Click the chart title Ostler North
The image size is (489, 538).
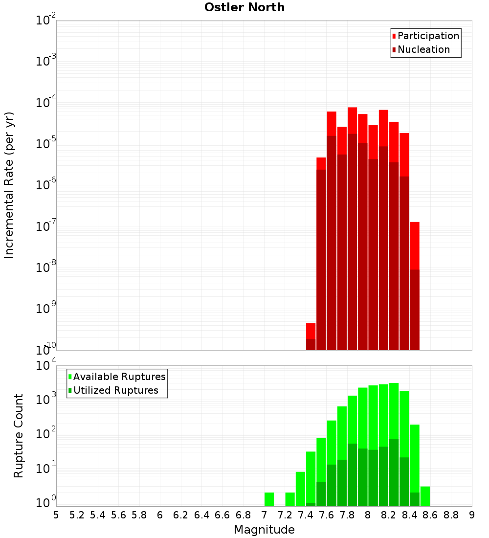point(244,7)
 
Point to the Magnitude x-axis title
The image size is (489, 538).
point(264,530)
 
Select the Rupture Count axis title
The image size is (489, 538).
point(19,435)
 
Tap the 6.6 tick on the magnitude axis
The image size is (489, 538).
point(222,515)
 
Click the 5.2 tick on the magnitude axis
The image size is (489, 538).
point(77,515)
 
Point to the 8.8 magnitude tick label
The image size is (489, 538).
point(451,515)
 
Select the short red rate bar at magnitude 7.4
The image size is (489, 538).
point(311,331)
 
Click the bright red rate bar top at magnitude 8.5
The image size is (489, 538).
point(415,245)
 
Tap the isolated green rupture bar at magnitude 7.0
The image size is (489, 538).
point(269,499)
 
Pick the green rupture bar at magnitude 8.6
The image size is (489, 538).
point(425,496)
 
